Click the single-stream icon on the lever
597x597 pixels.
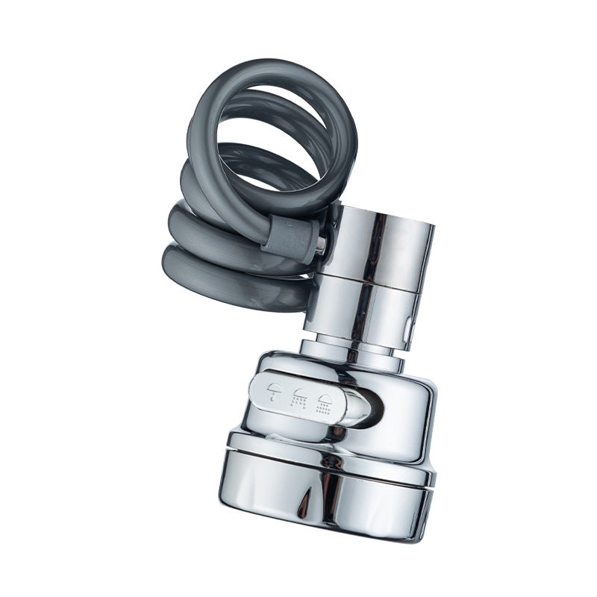click(275, 392)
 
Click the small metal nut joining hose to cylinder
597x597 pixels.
click(319, 245)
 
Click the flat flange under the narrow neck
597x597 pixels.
click(351, 363)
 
